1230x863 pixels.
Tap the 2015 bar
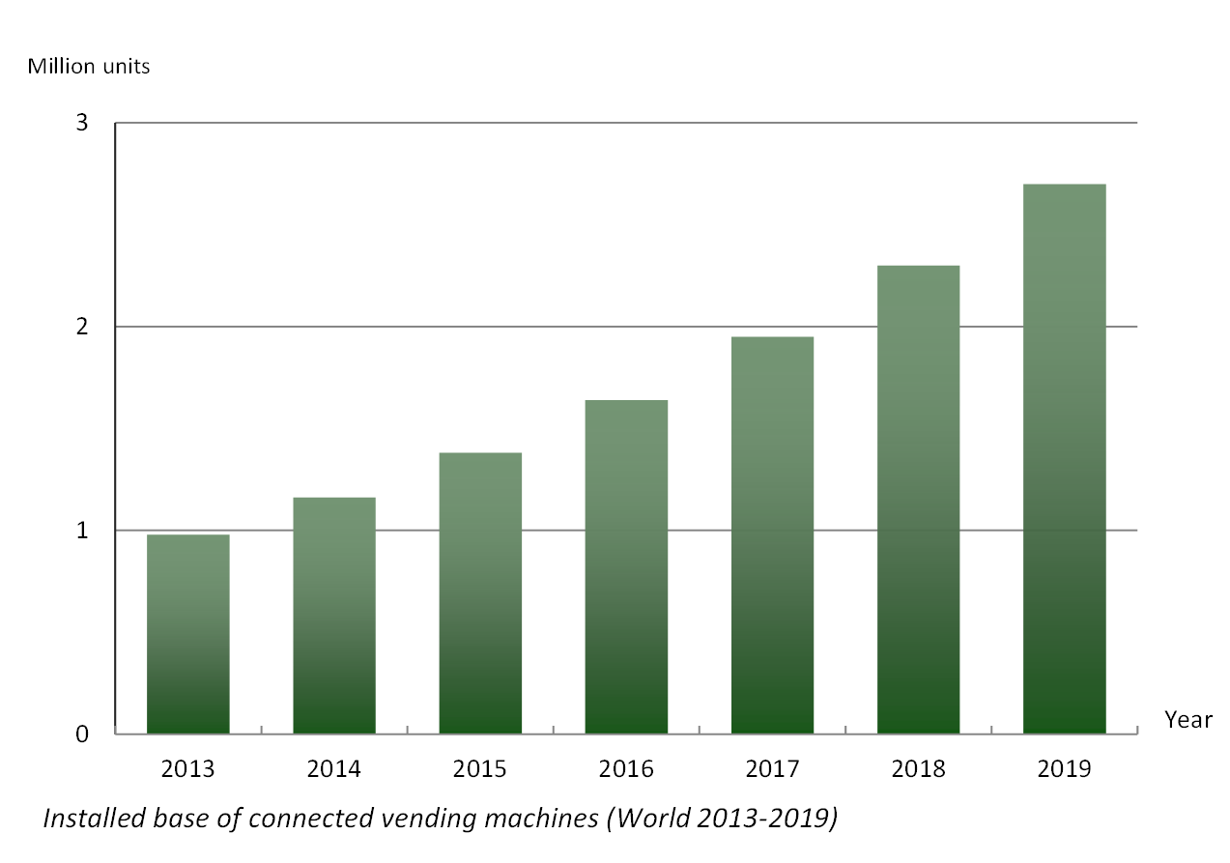pyautogui.click(x=480, y=593)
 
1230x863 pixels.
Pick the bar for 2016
pyautogui.click(x=626, y=567)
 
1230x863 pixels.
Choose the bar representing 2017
pyautogui.click(x=772, y=535)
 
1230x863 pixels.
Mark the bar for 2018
pyautogui.click(x=918, y=500)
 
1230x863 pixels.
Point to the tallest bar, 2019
pyautogui.click(x=1064, y=459)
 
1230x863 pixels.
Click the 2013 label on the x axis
pyautogui.click(x=187, y=769)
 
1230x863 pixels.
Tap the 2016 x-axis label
pyautogui.click(x=626, y=769)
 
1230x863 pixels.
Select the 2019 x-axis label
pyautogui.click(x=1064, y=769)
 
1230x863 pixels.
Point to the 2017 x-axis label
pyautogui.click(x=772, y=769)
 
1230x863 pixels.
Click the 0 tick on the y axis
pyautogui.click(x=82, y=734)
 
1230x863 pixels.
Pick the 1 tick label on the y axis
pyautogui.click(x=82, y=531)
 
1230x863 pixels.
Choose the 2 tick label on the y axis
pyautogui.click(x=82, y=327)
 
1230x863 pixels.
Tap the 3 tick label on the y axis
pyautogui.click(x=82, y=124)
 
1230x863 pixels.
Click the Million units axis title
pyautogui.click(x=89, y=67)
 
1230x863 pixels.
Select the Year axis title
pyautogui.click(x=1187, y=720)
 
